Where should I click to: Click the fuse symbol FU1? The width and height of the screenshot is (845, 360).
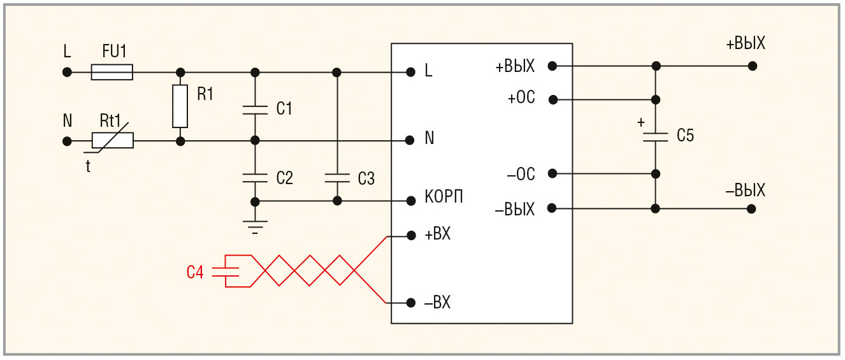coord(112,72)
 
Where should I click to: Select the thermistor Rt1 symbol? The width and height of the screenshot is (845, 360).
coord(112,140)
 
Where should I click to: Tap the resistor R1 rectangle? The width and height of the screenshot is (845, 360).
coord(180,106)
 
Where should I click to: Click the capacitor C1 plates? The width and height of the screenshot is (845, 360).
coord(255,110)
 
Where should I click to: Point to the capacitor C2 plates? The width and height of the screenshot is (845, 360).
coord(255,178)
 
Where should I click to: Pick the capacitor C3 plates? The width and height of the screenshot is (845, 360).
coord(337,178)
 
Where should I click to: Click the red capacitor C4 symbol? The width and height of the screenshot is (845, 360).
coord(226,271)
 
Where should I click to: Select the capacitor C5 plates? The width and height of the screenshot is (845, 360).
coord(655,137)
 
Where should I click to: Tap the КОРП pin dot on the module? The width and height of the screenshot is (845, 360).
coord(411,201)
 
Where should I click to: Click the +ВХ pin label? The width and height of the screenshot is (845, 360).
coord(438,234)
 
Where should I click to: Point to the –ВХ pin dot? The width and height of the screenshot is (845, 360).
coord(411,303)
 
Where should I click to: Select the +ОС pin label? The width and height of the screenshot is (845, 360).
coord(521,97)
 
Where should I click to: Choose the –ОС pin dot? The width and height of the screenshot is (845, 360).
coord(552,173)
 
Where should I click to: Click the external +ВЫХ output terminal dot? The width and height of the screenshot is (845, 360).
coord(753,66)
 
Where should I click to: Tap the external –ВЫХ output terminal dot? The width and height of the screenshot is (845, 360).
coord(751,209)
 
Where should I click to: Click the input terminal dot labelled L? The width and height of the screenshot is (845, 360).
coord(67,72)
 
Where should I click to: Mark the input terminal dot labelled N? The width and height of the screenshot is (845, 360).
coord(67,141)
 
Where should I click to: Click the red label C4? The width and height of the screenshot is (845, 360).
coord(195,272)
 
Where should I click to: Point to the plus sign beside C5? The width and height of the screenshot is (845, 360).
coord(641,122)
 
